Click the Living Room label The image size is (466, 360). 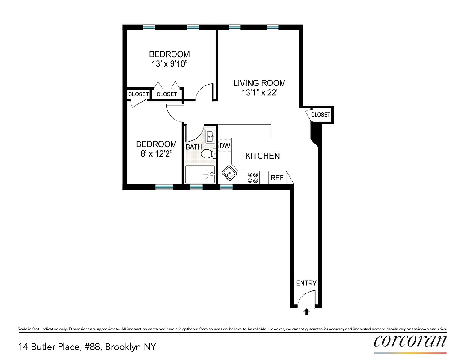259,83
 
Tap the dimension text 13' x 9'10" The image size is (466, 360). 169,64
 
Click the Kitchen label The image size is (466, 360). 262,156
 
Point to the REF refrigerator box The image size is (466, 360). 277,178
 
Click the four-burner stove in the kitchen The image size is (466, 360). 253,178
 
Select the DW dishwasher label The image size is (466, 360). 225,146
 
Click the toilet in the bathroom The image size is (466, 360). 207,154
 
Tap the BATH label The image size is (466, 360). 194,147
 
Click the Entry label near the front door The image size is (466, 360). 306,283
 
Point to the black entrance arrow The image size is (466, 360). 307,311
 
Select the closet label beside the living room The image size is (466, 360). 321,115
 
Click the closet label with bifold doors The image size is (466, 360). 167,94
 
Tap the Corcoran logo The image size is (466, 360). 410,341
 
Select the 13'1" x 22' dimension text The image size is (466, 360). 259,94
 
